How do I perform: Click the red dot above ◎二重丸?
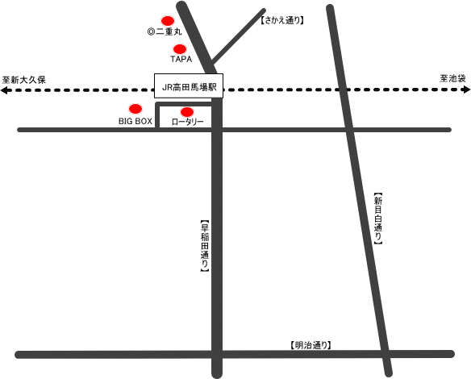click(168, 21)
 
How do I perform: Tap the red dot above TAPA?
click(180, 48)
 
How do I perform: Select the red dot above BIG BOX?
click(135, 109)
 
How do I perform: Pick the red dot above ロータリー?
click(187, 112)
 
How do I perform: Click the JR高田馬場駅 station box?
click(189, 85)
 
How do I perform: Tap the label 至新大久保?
click(23, 80)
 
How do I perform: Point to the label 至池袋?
click(452, 78)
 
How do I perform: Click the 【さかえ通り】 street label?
click(282, 20)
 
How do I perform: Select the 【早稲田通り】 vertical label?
click(205, 246)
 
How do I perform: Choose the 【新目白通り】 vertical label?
click(378, 219)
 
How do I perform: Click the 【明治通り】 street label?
click(311, 345)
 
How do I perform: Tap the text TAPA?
click(181, 59)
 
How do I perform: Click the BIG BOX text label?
click(135, 121)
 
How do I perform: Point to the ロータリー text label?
click(187, 122)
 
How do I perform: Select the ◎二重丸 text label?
click(165, 31)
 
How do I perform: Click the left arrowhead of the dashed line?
click(3, 90)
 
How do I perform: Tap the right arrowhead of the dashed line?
click(467, 90)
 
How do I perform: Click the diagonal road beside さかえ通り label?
click(238, 37)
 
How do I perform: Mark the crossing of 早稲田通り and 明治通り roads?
click(217, 354)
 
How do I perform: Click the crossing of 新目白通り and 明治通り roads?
click(385, 354)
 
